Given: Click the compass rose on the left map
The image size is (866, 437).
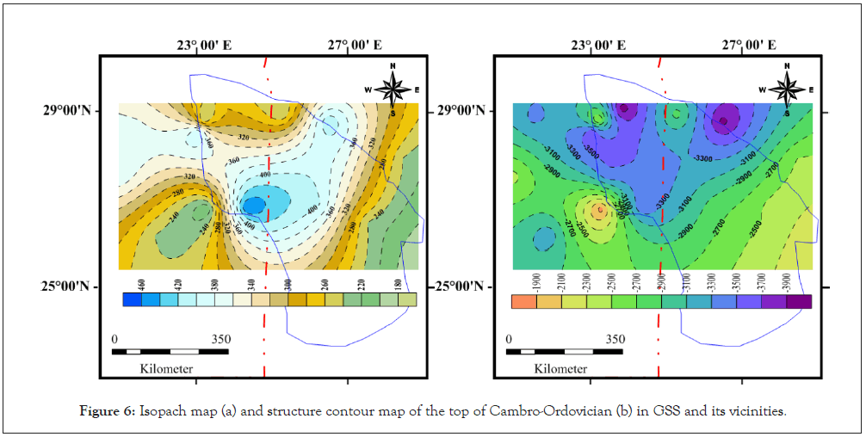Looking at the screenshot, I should pos(393,89).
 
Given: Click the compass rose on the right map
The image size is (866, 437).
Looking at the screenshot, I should pos(787,89).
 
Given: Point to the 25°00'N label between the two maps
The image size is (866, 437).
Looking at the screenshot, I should pos(461,287).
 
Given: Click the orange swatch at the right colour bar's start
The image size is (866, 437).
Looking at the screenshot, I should pos(522,301).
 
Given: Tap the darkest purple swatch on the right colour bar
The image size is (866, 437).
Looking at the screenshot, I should pos(801,301).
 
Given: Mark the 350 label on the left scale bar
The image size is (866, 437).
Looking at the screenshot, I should pos(220,339).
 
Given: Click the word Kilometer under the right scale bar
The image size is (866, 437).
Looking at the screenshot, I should pos(560,369).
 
